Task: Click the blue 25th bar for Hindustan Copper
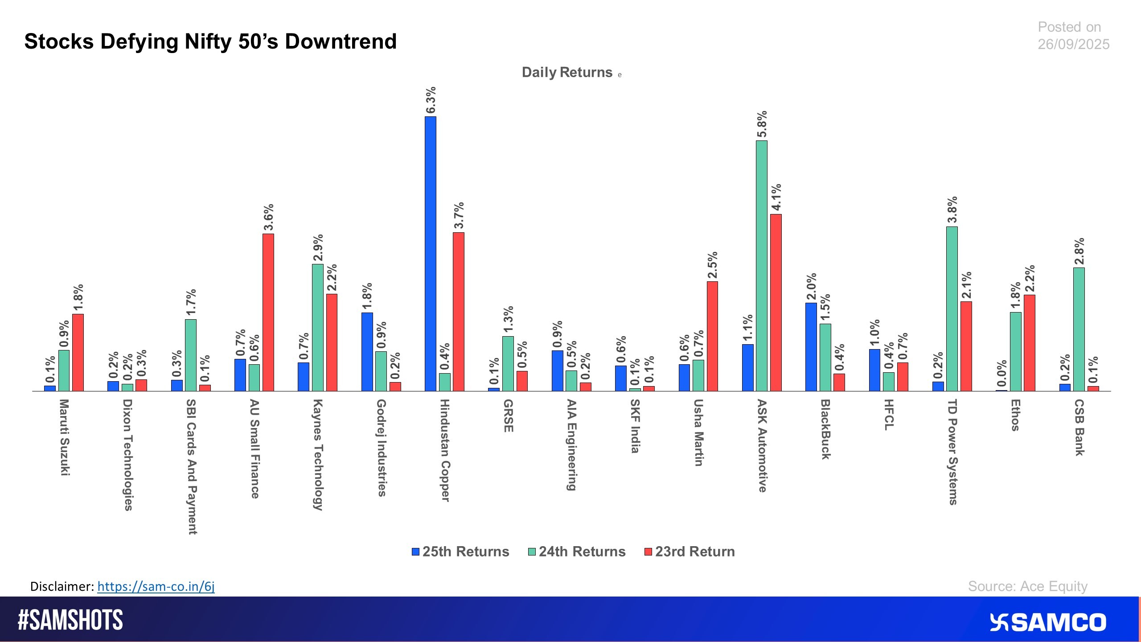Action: click(x=430, y=254)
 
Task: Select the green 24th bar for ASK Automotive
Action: click(x=761, y=266)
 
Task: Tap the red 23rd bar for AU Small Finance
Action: click(x=268, y=312)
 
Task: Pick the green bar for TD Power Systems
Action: click(x=952, y=309)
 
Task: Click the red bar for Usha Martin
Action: click(x=712, y=336)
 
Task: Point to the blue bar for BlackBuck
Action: click(x=811, y=347)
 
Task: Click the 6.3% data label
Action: click(x=431, y=100)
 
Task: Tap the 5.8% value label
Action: click(x=762, y=124)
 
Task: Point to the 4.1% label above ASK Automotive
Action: click(x=776, y=198)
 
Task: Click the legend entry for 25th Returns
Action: click(x=460, y=551)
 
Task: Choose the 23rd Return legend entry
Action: click(x=690, y=551)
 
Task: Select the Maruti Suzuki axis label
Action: click(x=65, y=437)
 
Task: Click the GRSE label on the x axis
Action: click(x=508, y=416)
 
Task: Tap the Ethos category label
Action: click(x=1015, y=415)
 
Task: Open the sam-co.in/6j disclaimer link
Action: click(x=156, y=586)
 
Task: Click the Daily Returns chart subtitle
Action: click(x=567, y=72)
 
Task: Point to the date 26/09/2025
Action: click(x=1073, y=44)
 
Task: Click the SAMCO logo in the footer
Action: click(x=1048, y=622)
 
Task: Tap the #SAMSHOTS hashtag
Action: click(x=70, y=620)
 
